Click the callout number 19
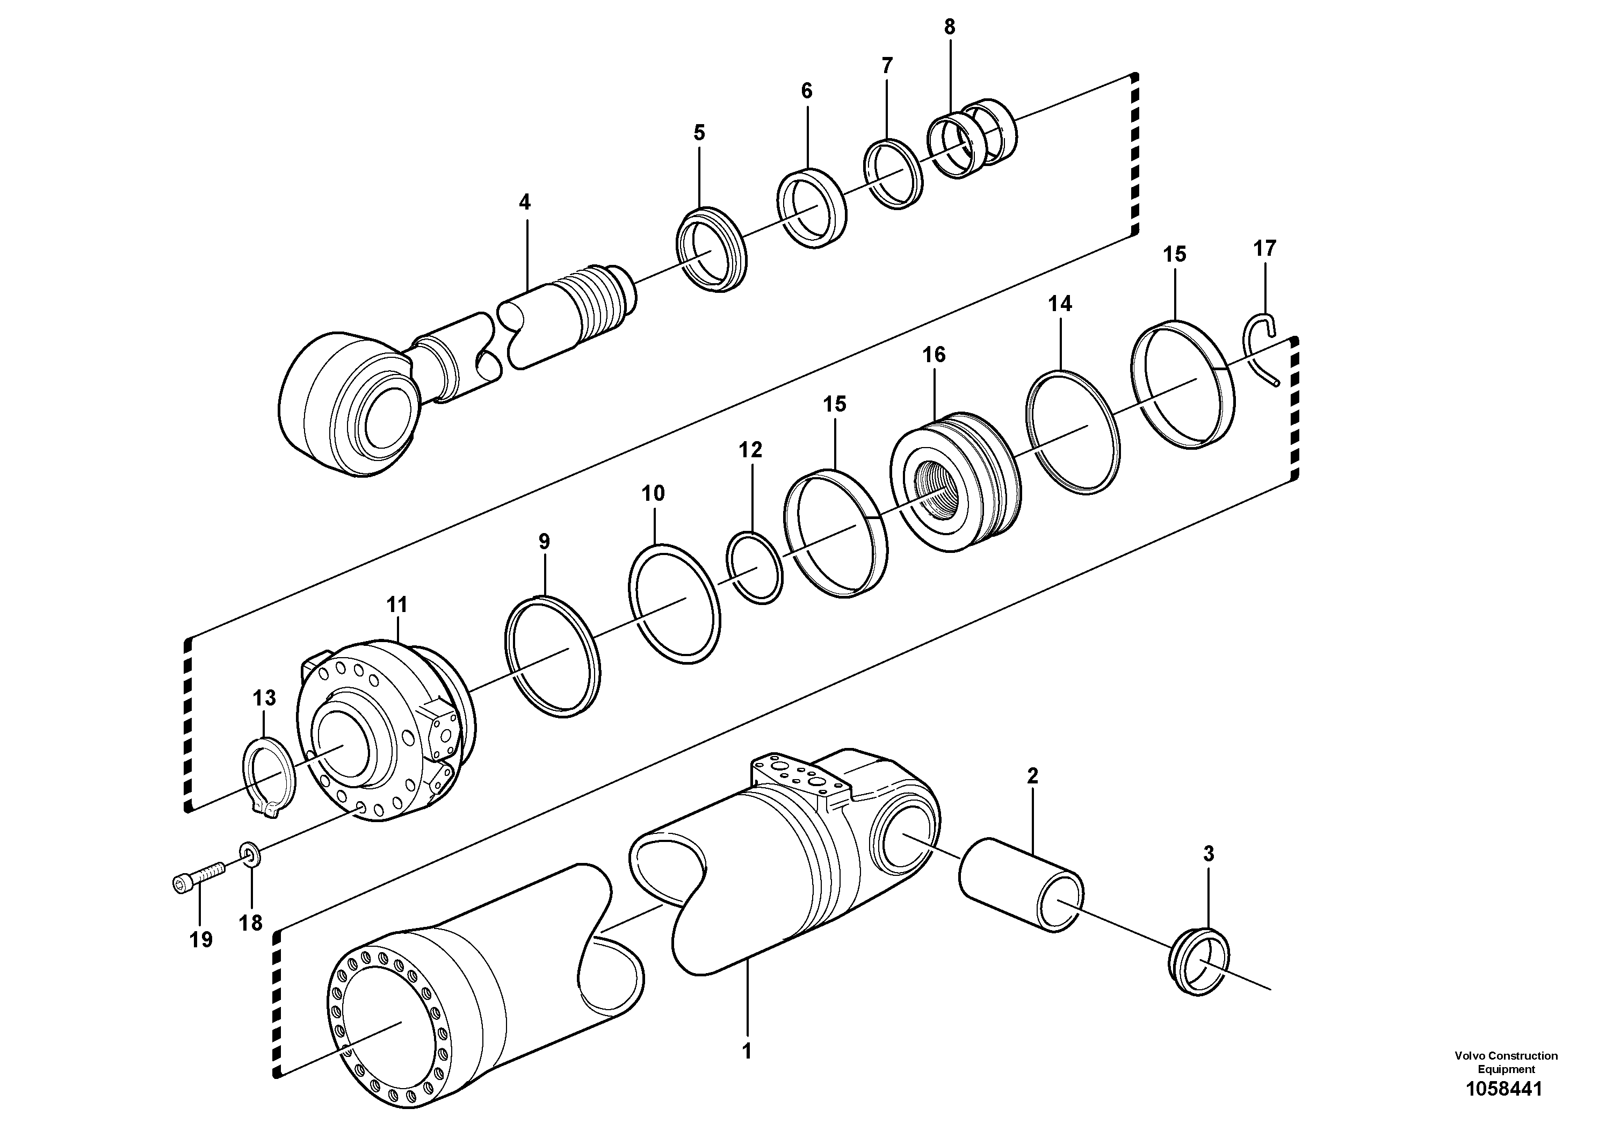coord(200,940)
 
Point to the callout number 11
coord(397,604)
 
